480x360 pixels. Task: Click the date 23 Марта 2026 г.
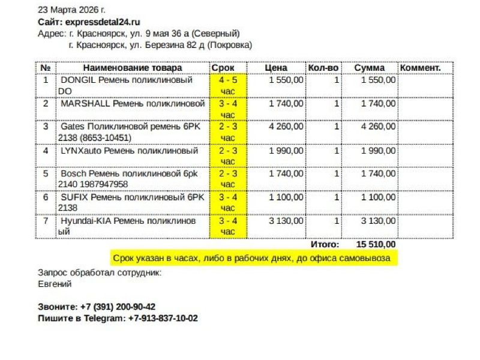point(71,10)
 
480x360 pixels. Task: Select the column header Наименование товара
point(132,68)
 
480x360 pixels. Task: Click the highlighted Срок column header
point(223,68)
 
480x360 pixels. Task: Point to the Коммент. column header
point(420,68)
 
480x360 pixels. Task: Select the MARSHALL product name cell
point(133,103)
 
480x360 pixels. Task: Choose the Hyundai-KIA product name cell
point(128,226)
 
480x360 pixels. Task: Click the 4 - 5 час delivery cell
point(228,85)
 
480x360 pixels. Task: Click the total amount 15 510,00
point(376,244)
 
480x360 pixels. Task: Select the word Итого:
point(325,244)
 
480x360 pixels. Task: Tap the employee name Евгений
point(55,284)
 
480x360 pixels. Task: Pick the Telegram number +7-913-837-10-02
point(163,318)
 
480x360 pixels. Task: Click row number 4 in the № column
point(46,151)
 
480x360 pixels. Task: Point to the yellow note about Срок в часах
point(251,258)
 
